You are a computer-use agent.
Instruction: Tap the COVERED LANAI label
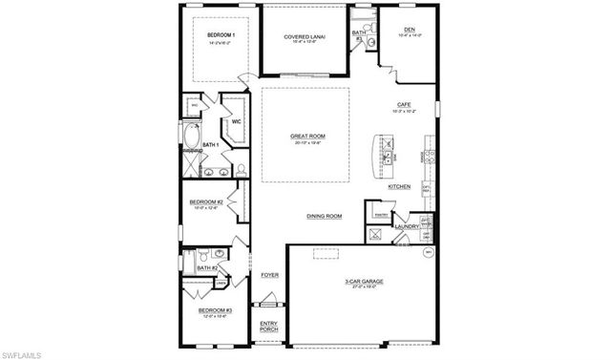(x=305, y=36)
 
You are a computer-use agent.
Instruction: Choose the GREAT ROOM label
(x=307, y=137)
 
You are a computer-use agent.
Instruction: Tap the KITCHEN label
(x=399, y=186)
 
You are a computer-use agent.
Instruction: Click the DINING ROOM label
(x=324, y=216)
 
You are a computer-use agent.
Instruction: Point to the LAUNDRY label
(x=407, y=226)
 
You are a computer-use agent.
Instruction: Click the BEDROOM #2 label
(x=206, y=202)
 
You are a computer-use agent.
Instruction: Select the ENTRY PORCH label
(x=269, y=326)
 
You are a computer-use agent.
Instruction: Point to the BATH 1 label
(x=210, y=144)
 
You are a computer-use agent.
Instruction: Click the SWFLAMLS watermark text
(x=21, y=353)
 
